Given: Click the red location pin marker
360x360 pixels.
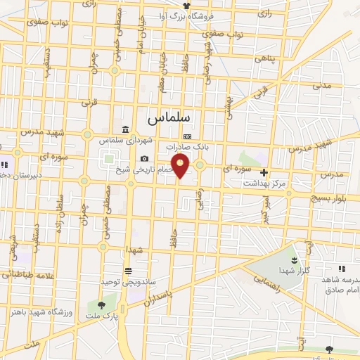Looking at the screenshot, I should pos(181,166).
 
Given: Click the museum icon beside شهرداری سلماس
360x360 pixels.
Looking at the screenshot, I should pos(125,129).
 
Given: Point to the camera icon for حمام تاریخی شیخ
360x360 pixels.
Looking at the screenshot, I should pos(144,159).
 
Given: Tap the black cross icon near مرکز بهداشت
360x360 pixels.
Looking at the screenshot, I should pos(264,172).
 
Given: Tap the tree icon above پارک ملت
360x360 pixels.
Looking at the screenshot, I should pos(103,304).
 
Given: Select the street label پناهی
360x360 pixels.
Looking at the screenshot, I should pos(267,59).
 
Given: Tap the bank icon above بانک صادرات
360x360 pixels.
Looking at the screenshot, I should pos(187,136).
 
